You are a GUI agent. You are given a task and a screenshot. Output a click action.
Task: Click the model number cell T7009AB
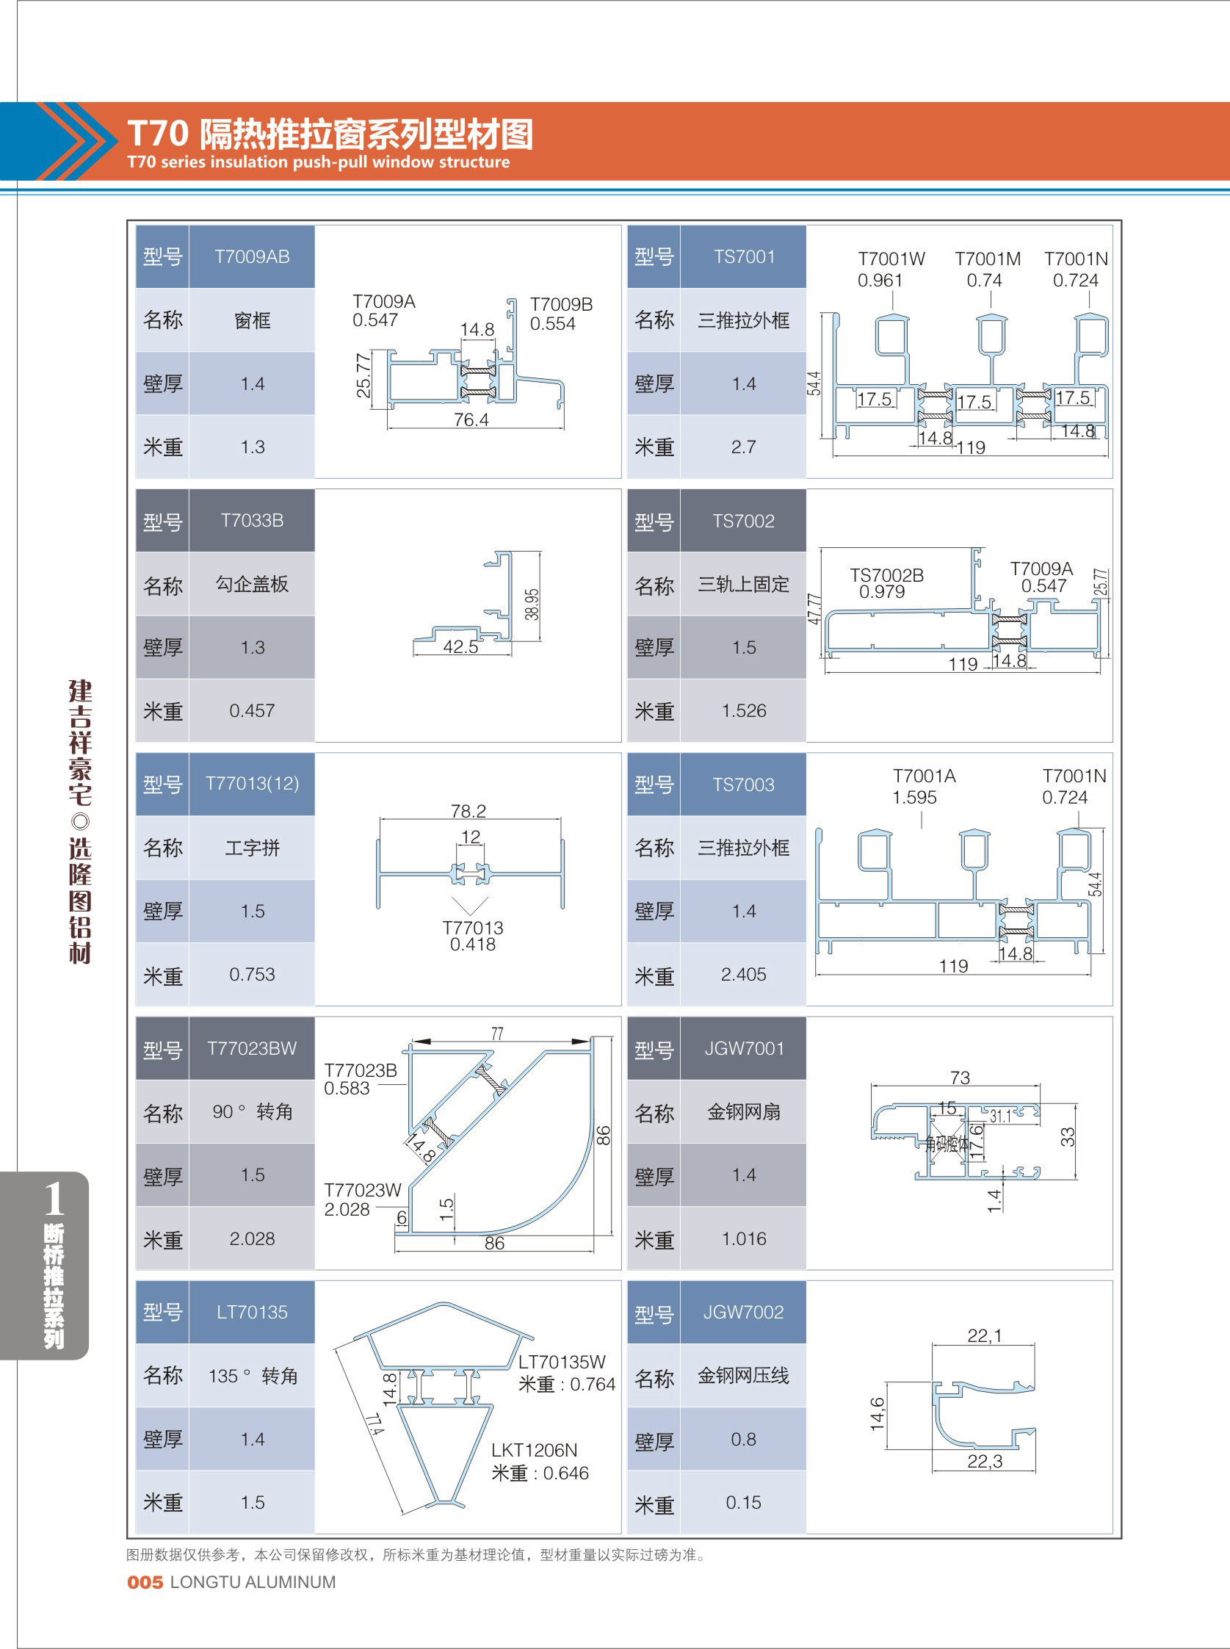click(x=252, y=257)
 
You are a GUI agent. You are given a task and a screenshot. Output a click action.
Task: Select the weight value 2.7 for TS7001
click(x=743, y=447)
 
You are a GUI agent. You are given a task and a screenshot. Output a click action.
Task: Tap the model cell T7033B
click(x=252, y=521)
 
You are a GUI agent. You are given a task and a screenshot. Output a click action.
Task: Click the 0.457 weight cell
click(x=252, y=710)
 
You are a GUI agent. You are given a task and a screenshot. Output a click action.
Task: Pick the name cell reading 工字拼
click(x=252, y=848)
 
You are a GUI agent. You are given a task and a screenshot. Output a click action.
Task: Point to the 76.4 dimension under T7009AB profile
click(x=471, y=420)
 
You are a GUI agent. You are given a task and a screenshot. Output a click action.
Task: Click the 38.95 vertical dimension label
click(x=532, y=604)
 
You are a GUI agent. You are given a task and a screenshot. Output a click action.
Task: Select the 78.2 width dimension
click(x=469, y=810)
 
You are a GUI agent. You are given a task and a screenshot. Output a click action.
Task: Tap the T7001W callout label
click(x=891, y=259)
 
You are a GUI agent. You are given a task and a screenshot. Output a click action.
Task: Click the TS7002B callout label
click(x=887, y=575)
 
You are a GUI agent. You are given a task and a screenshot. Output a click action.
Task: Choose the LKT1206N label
click(x=534, y=1450)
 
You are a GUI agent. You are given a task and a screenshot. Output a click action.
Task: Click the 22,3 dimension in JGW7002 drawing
click(x=984, y=1461)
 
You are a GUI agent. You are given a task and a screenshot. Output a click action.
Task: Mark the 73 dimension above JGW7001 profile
click(x=960, y=1078)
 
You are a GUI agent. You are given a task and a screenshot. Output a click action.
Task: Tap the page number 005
click(x=145, y=1582)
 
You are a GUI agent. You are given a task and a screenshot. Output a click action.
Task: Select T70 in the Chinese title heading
click(x=158, y=134)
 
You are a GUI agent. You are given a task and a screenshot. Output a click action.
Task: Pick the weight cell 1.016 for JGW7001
click(x=743, y=1238)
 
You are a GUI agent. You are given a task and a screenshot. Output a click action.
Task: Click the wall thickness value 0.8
click(x=743, y=1439)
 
